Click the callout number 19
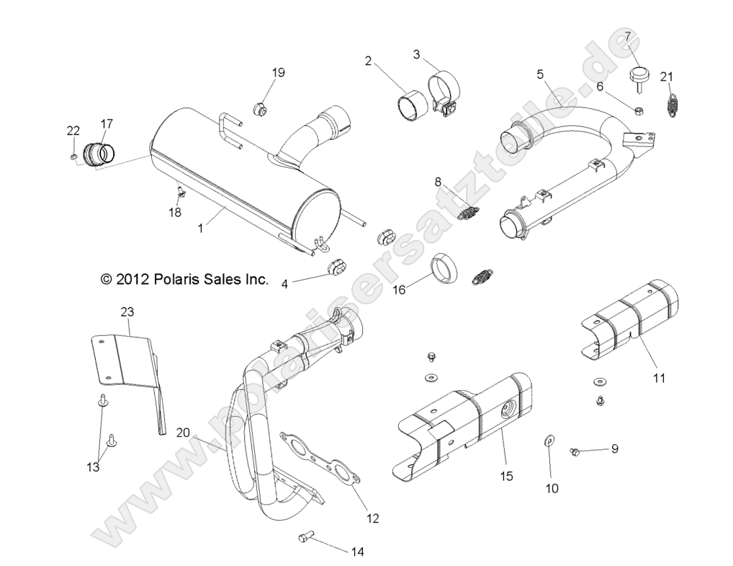tap(278, 72)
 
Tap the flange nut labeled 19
tap(259, 110)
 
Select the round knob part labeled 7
tap(639, 74)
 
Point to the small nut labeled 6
tap(639, 110)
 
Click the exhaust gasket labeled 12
tap(321, 463)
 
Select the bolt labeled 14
tap(307, 538)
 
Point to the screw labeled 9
tap(576, 451)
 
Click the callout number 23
tap(127, 312)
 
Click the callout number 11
tap(659, 378)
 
